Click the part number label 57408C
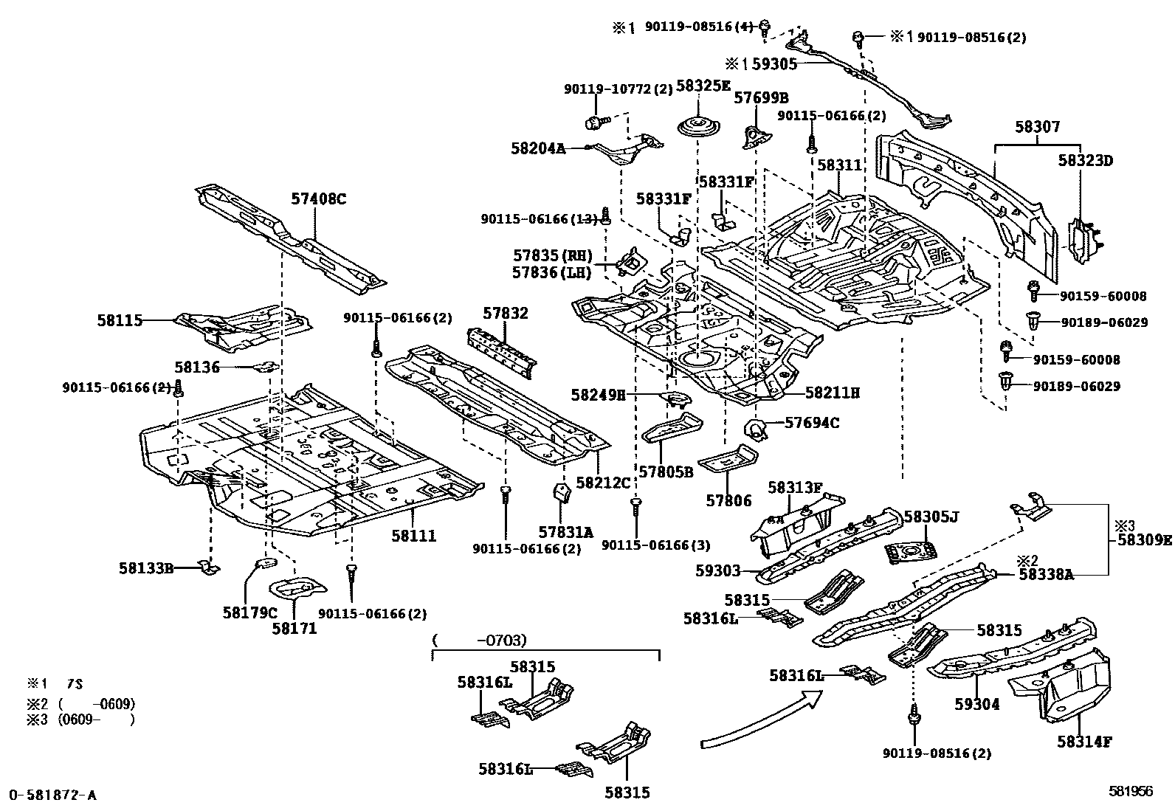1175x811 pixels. point(318,199)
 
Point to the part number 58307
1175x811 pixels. point(1037,127)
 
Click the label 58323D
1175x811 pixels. point(1084,160)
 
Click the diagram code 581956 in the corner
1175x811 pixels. point(1130,791)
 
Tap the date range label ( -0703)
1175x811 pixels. point(479,640)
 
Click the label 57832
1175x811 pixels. point(506,313)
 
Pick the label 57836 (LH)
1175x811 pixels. point(553,272)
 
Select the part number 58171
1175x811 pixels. point(294,628)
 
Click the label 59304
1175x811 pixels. point(977,705)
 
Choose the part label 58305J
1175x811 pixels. point(931,517)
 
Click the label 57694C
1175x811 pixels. point(811,423)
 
